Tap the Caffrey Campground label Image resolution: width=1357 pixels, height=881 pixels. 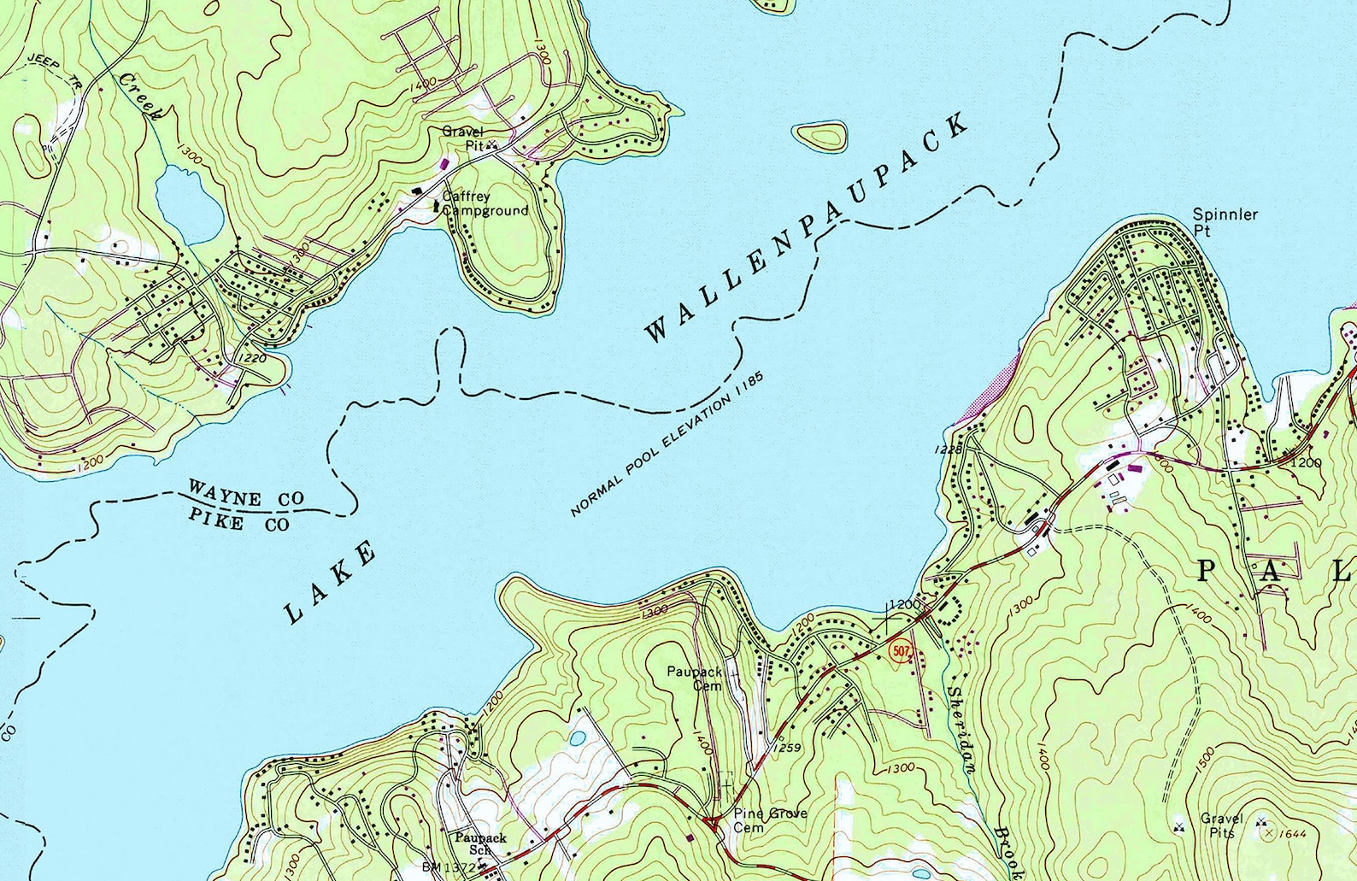[x=484, y=203]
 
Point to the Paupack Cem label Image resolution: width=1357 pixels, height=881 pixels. [x=694, y=678]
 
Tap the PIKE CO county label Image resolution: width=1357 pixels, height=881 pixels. [x=238, y=520]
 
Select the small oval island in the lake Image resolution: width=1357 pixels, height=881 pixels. [x=819, y=134]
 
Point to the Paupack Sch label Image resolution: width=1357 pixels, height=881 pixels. [x=480, y=843]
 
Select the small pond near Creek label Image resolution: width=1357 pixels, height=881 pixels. [x=190, y=205]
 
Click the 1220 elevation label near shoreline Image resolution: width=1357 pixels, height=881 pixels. [x=252, y=359]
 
